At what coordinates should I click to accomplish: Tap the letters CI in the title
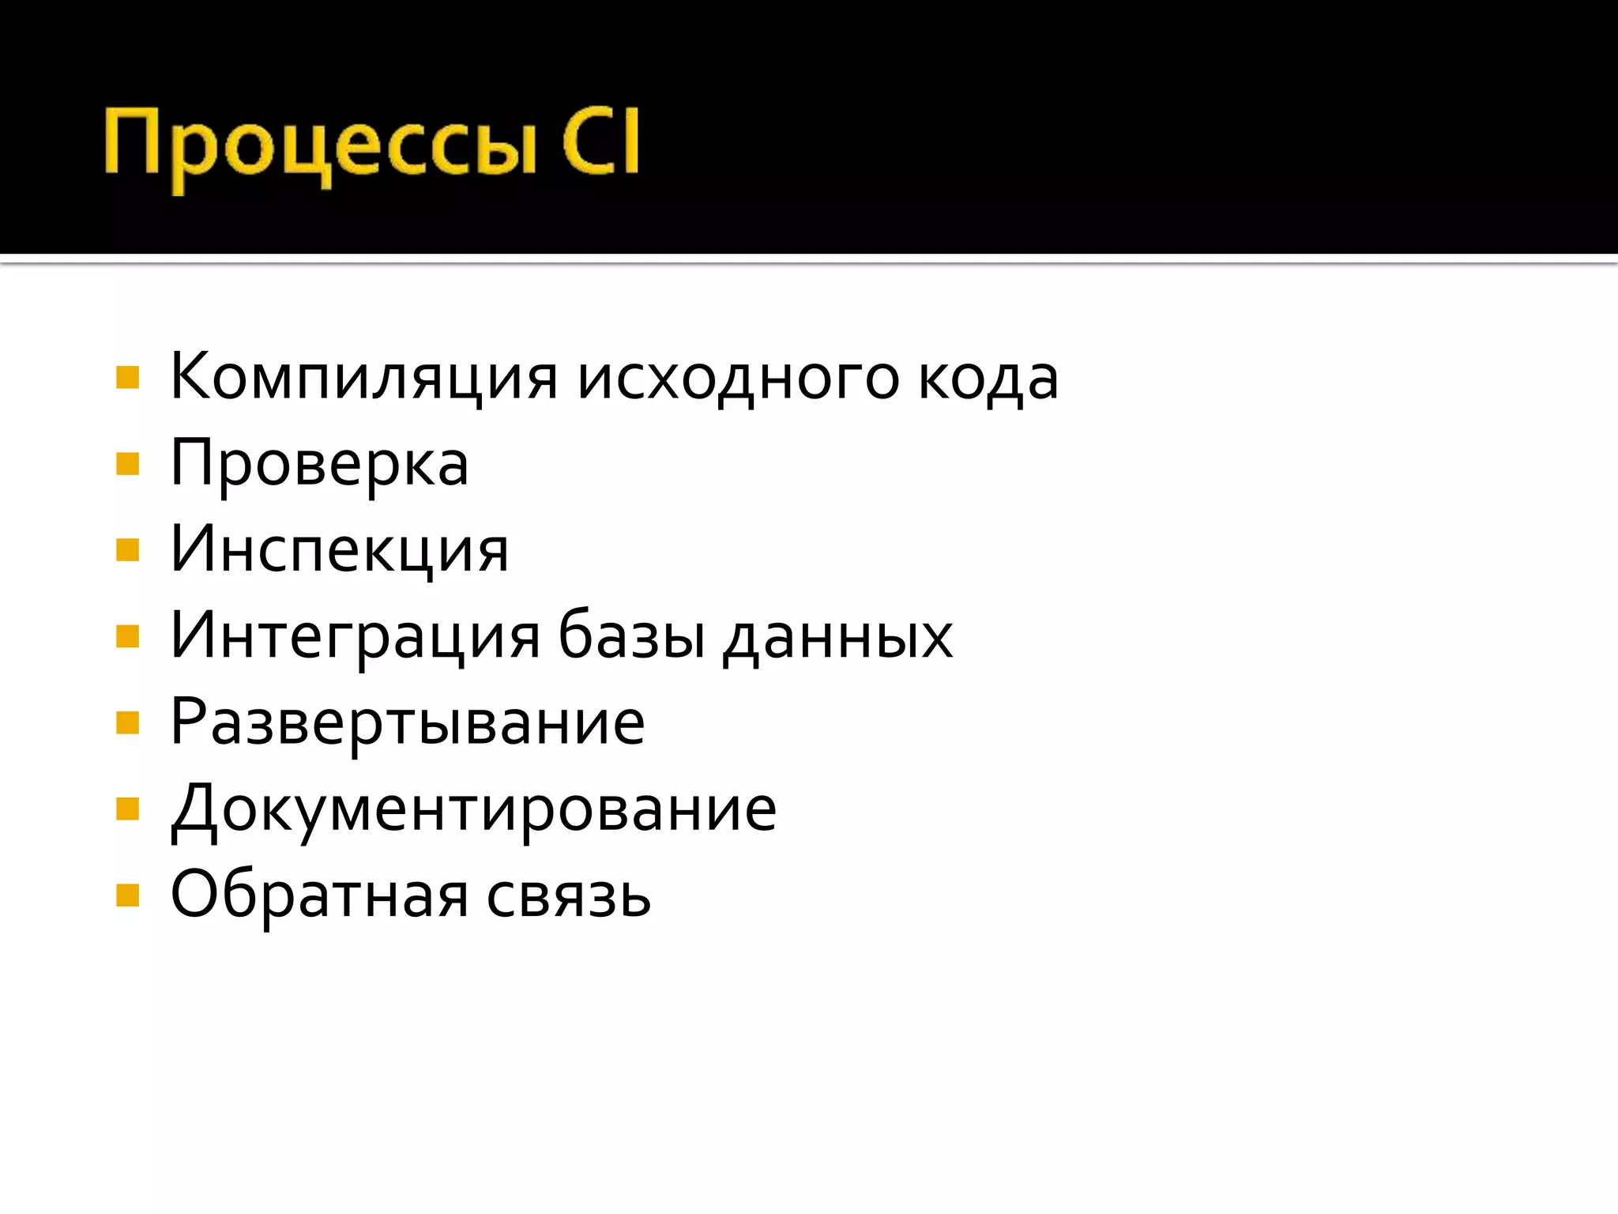point(600,142)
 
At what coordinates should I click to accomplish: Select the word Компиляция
point(364,377)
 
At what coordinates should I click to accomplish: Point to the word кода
point(988,378)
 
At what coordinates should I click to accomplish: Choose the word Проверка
point(319,465)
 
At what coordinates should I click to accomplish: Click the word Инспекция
point(340,550)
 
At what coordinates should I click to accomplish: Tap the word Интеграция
point(356,636)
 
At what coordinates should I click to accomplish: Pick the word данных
point(837,637)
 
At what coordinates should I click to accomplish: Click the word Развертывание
point(408,723)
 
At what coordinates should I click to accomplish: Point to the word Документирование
point(473,809)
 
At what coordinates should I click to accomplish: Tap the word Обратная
point(319,895)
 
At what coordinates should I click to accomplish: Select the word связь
point(568,895)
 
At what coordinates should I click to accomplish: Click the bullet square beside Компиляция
point(127,378)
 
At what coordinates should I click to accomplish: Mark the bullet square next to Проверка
point(127,464)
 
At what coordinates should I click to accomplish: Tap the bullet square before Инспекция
point(127,550)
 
